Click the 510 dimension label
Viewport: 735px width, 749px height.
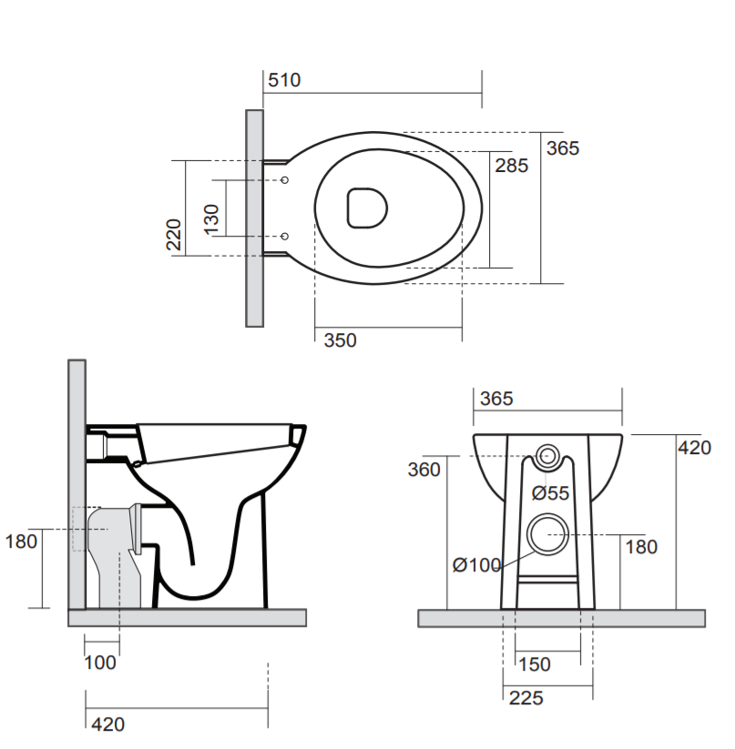pyautogui.click(x=283, y=80)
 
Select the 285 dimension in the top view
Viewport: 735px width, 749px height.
pyautogui.click(x=511, y=166)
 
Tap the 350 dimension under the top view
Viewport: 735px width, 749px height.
pyautogui.click(x=340, y=340)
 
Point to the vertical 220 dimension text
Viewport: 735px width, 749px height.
pyautogui.click(x=174, y=235)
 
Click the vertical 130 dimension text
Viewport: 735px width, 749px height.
pyautogui.click(x=211, y=219)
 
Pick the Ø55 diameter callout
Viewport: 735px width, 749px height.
pyautogui.click(x=550, y=493)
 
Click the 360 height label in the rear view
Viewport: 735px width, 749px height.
pyautogui.click(x=424, y=470)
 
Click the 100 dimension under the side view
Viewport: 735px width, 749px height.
pyautogui.click(x=100, y=663)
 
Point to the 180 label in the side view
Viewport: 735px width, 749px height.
pyautogui.click(x=21, y=542)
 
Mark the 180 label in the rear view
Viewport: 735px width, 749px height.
pyautogui.click(x=640, y=547)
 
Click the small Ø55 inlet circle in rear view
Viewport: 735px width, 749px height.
pyautogui.click(x=549, y=457)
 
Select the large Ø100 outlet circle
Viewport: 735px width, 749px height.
pyautogui.click(x=547, y=533)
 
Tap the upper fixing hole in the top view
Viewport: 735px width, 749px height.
pyautogui.click(x=285, y=178)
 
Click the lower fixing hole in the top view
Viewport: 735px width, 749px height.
pyautogui.click(x=285, y=237)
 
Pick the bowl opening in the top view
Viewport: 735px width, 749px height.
pyautogui.click(x=368, y=207)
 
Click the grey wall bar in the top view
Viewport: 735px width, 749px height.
pyautogui.click(x=255, y=218)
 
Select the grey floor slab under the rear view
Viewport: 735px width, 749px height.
pyautogui.click(x=561, y=618)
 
